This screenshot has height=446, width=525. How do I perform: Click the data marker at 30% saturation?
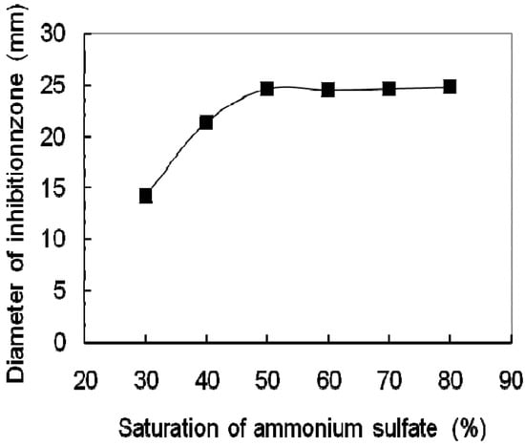click(145, 196)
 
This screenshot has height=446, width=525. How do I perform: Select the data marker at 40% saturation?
click(206, 122)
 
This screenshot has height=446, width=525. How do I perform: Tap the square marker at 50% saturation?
click(267, 89)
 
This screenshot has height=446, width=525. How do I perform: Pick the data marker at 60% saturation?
click(328, 90)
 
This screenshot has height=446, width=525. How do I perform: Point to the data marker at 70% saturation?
click(389, 89)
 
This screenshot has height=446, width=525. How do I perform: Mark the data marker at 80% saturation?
click(450, 87)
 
